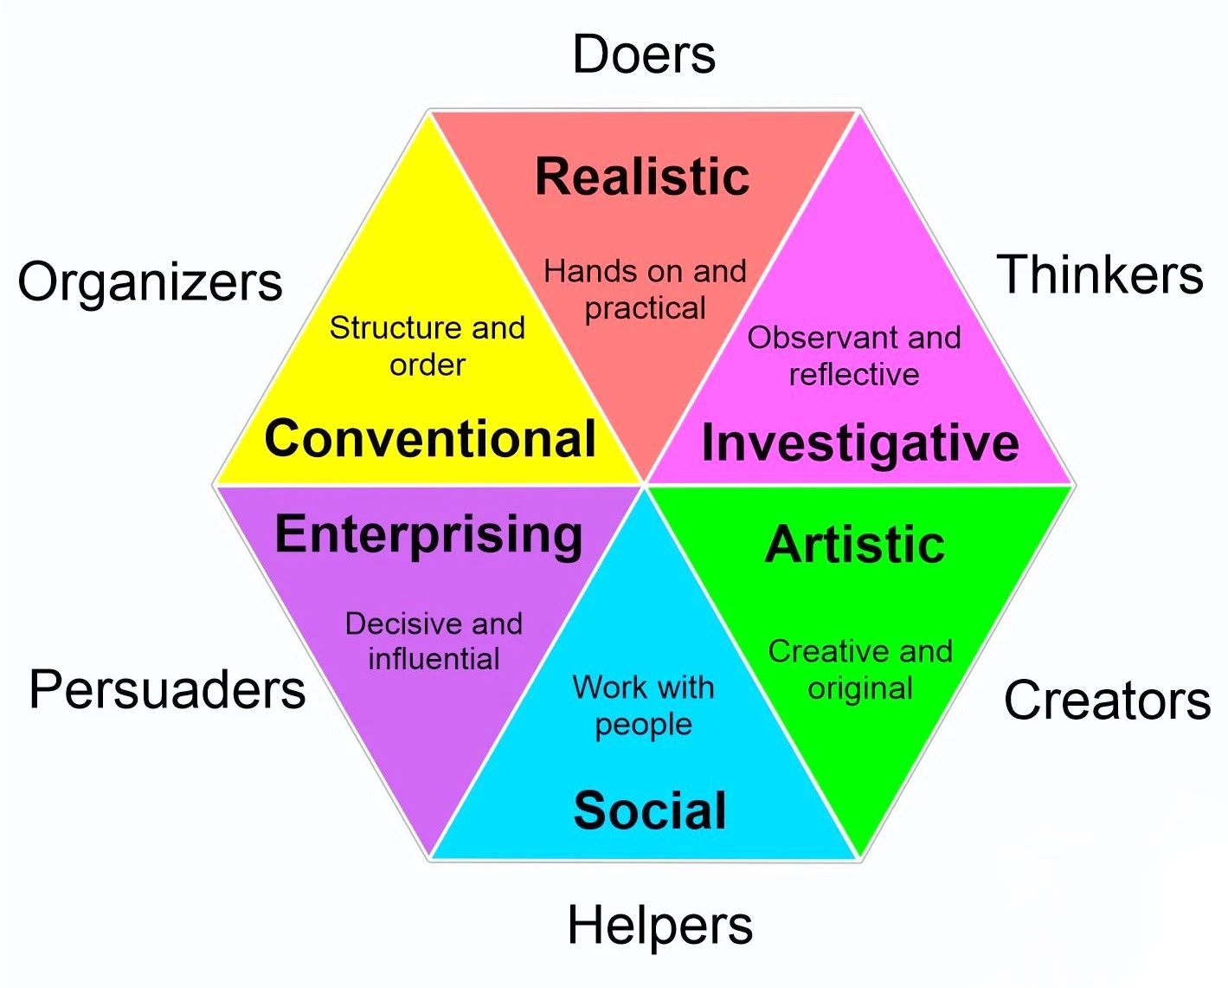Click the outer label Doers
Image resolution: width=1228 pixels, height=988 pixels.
coord(644,55)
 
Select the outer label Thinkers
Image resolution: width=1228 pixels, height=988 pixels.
coord(1100,274)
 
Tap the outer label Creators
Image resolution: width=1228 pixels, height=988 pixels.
coord(1107,700)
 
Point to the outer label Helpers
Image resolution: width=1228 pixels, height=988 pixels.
coord(659,925)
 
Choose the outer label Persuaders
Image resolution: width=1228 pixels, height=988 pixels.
coord(167,690)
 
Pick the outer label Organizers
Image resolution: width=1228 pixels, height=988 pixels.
coord(150,282)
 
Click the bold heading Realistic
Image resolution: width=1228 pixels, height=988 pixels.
coord(642,177)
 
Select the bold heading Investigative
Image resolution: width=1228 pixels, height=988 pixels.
coord(860,442)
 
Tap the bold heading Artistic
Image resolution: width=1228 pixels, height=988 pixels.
coord(855,545)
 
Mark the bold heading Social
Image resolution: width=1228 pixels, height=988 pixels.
coord(650,810)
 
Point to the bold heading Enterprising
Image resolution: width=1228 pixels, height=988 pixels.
coord(428,534)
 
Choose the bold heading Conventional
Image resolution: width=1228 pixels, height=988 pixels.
coord(430,438)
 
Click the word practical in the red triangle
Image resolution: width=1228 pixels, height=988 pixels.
coord(646,308)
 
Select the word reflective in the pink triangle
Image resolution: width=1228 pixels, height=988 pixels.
coord(854,374)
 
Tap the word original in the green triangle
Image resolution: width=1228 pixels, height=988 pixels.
coord(860,688)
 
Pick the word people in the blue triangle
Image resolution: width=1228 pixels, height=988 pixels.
coord(643,725)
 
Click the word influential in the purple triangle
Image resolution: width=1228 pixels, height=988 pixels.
coord(434,659)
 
